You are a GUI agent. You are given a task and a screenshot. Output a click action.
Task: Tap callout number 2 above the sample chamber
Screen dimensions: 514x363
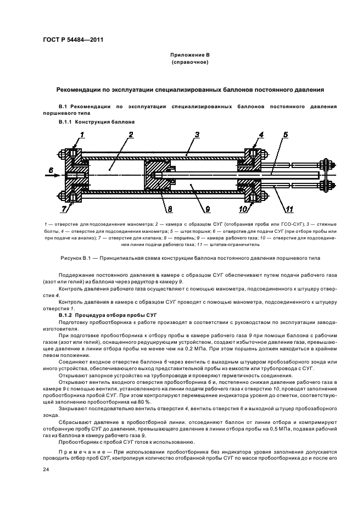[131, 135]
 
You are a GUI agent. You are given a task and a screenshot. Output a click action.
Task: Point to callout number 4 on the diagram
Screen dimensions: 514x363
[261, 135]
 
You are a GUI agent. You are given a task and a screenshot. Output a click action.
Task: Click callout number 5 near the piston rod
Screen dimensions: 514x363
[285, 135]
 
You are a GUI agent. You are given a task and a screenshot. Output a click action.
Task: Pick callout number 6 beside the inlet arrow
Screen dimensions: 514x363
[51, 171]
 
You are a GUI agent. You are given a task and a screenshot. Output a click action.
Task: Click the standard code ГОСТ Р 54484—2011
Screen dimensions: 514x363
[72, 40]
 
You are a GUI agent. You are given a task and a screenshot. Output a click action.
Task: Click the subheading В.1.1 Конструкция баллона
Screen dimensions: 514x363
[96, 121]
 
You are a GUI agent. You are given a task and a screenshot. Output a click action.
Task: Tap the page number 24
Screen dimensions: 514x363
[47, 470]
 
